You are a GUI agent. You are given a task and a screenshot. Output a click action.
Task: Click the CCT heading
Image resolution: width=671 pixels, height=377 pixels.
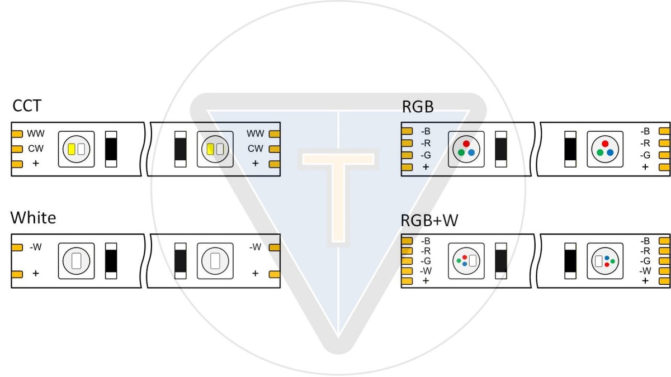(x=27, y=106)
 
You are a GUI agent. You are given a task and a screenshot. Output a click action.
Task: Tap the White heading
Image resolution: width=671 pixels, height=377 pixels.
(x=34, y=217)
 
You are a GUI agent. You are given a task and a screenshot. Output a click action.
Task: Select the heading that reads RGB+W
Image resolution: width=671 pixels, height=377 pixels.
(x=429, y=221)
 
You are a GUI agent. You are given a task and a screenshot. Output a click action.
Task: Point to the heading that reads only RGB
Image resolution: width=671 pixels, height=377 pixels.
(x=418, y=106)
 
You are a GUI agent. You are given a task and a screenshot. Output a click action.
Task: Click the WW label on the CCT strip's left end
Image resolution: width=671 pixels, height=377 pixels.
(x=36, y=134)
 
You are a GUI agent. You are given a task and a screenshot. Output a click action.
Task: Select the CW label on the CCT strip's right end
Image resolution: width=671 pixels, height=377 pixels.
(x=255, y=149)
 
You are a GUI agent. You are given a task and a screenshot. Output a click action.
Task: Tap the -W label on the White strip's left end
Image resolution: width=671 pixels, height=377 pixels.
(x=35, y=247)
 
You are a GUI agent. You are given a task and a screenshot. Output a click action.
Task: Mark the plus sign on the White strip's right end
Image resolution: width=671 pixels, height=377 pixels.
(x=255, y=274)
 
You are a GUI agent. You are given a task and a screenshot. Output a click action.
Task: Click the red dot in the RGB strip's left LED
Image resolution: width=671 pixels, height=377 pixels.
(x=466, y=144)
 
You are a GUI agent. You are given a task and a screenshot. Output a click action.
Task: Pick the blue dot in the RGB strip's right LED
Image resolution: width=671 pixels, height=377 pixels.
(x=609, y=152)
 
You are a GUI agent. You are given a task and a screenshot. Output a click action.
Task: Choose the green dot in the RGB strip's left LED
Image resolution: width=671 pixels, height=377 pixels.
(x=461, y=152)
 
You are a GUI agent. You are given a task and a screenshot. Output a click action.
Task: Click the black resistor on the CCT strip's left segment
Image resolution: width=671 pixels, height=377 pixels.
(x=111, y=149)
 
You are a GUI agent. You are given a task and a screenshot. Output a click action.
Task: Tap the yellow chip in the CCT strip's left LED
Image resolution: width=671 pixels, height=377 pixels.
(x=72, y=149)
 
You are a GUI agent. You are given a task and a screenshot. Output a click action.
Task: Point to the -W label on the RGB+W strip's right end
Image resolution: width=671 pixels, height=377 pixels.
(x=645, y=271)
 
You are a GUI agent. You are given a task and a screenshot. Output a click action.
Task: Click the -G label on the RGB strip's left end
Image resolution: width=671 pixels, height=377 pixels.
(x=426, y=155)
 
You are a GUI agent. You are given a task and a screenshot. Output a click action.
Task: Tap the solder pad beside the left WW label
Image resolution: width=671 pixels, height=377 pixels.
(x=17, y=134)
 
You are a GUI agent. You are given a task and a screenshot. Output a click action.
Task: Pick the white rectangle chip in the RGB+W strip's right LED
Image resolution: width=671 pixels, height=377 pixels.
(x=598, y=261)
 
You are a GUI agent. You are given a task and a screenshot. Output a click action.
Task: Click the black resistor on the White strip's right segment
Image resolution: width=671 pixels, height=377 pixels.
(x=180, y=261)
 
